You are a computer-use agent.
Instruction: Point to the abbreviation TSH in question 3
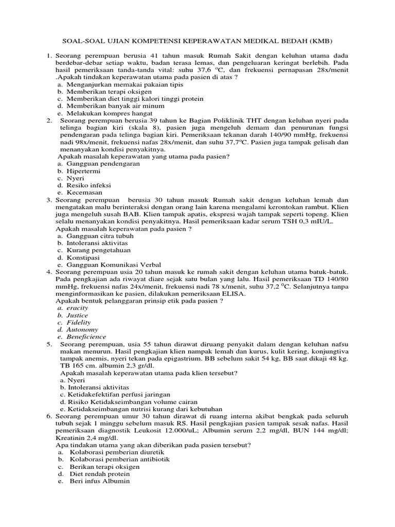296,221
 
